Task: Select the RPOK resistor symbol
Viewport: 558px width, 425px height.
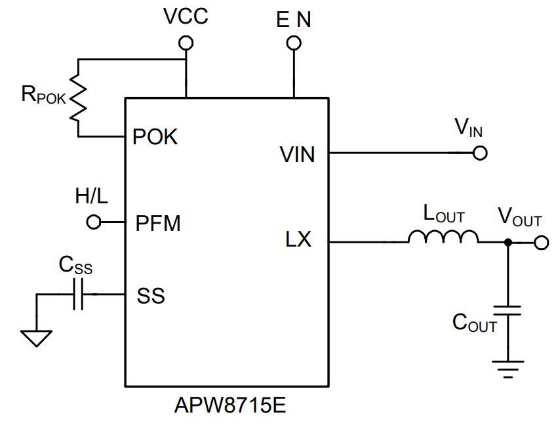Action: (x=78, y=98)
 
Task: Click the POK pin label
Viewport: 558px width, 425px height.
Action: (x=155, y=136)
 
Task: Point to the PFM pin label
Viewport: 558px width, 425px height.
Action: (x=158, y=223)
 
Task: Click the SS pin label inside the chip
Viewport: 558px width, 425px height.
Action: (x=151, y=296)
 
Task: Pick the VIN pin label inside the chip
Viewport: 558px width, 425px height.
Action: (x=298, y=155)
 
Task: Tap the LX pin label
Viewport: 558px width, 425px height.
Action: (x=298, y=239)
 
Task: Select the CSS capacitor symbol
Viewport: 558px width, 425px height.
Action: (x=78, y=294)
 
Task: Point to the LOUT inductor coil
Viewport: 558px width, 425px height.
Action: (x=443, y=237)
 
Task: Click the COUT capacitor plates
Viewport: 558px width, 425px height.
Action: (x=508, y=310)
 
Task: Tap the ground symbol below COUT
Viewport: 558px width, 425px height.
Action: (x=508, y=369)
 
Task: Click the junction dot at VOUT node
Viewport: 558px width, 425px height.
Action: (x=508, y=243)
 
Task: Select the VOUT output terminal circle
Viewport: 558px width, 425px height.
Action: (x=541, y=243)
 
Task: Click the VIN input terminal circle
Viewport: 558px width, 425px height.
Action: (x=480, y=153)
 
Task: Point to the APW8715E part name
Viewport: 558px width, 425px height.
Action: (x=230, y=405)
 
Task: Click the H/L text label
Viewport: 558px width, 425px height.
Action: (x=91, y=195)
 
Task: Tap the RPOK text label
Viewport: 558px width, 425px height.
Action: (x=44, y=95)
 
